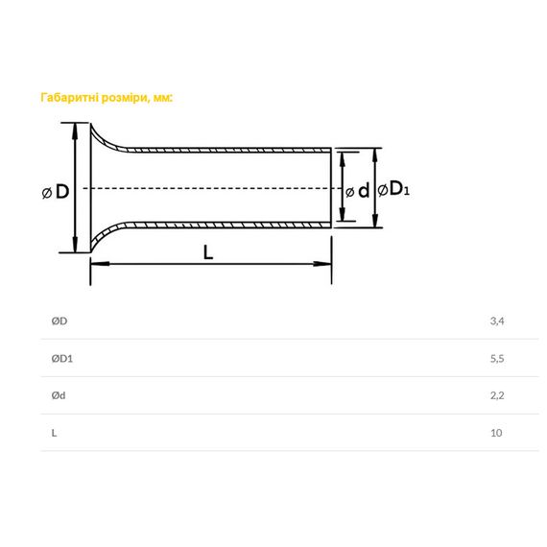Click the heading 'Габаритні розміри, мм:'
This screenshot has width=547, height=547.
click(x=107, y=97)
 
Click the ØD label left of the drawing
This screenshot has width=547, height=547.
click(x=56, y=192)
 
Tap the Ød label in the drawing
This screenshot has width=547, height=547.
click(x=357, y=191)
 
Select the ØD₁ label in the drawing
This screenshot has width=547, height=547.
click(x=393, y=189)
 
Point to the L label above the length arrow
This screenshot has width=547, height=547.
click(x=208, y=252)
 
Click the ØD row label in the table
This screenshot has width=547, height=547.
click(x=59, y=321)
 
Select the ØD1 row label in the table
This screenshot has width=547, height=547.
click(x=62, y=358)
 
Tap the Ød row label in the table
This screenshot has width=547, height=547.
click(x=59, y=395)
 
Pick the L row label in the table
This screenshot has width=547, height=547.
click(x=54, y=433)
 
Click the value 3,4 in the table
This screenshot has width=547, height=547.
click(x=497, y=321)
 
